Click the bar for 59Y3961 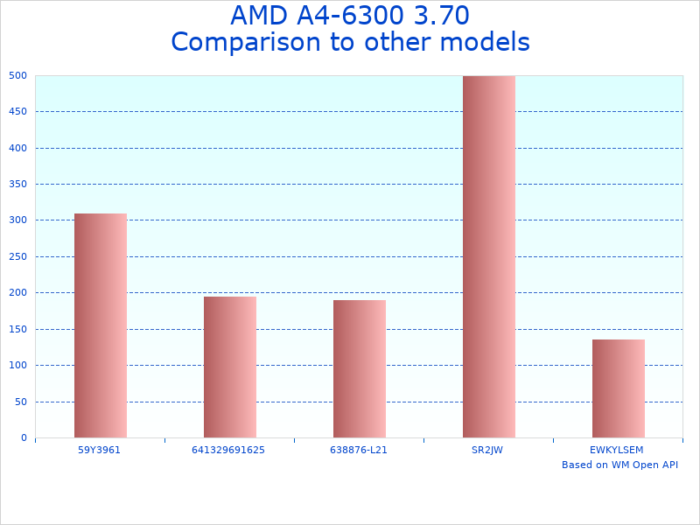point(101,325)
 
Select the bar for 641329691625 point(230,367)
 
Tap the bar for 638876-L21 point(360,368)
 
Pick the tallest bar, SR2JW point(489,256)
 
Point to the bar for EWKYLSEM point(619,388)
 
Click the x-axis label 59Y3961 point(99,450)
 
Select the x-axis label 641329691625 point(228,450)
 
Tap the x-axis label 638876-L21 point(359,450)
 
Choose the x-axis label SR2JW point(487,450)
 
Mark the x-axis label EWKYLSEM point(617,450)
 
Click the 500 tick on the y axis point(18,75)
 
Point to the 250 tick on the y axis point(18,256)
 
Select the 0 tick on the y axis point(24,437)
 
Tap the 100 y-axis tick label point(18,365)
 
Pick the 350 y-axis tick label point(18,184)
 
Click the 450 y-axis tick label point(18,111)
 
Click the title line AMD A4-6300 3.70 point(350,16)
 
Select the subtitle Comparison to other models point(350,42)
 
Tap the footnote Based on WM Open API point(619,465)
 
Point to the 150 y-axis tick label point(18,329)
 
